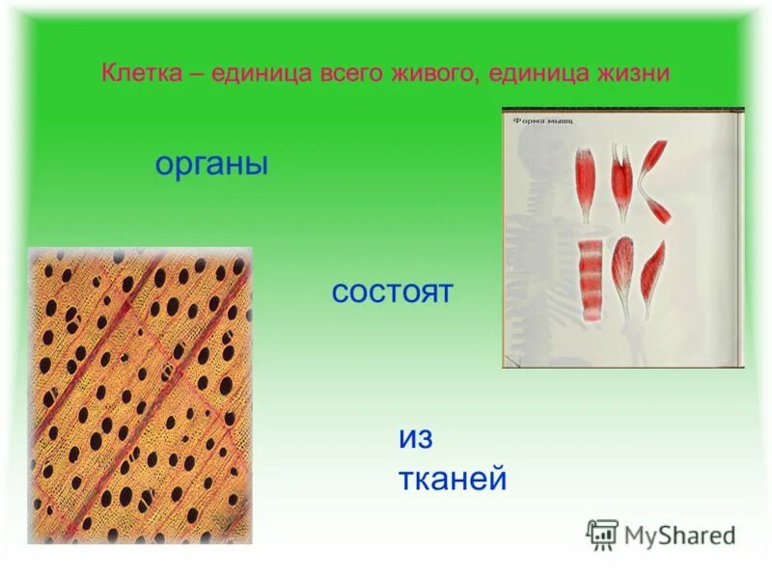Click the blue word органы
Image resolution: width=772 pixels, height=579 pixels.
(210, 164)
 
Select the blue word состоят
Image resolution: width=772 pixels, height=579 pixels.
(392, 292)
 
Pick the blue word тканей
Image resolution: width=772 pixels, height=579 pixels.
(452, 479)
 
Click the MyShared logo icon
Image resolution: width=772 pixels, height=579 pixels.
(602, 533)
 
